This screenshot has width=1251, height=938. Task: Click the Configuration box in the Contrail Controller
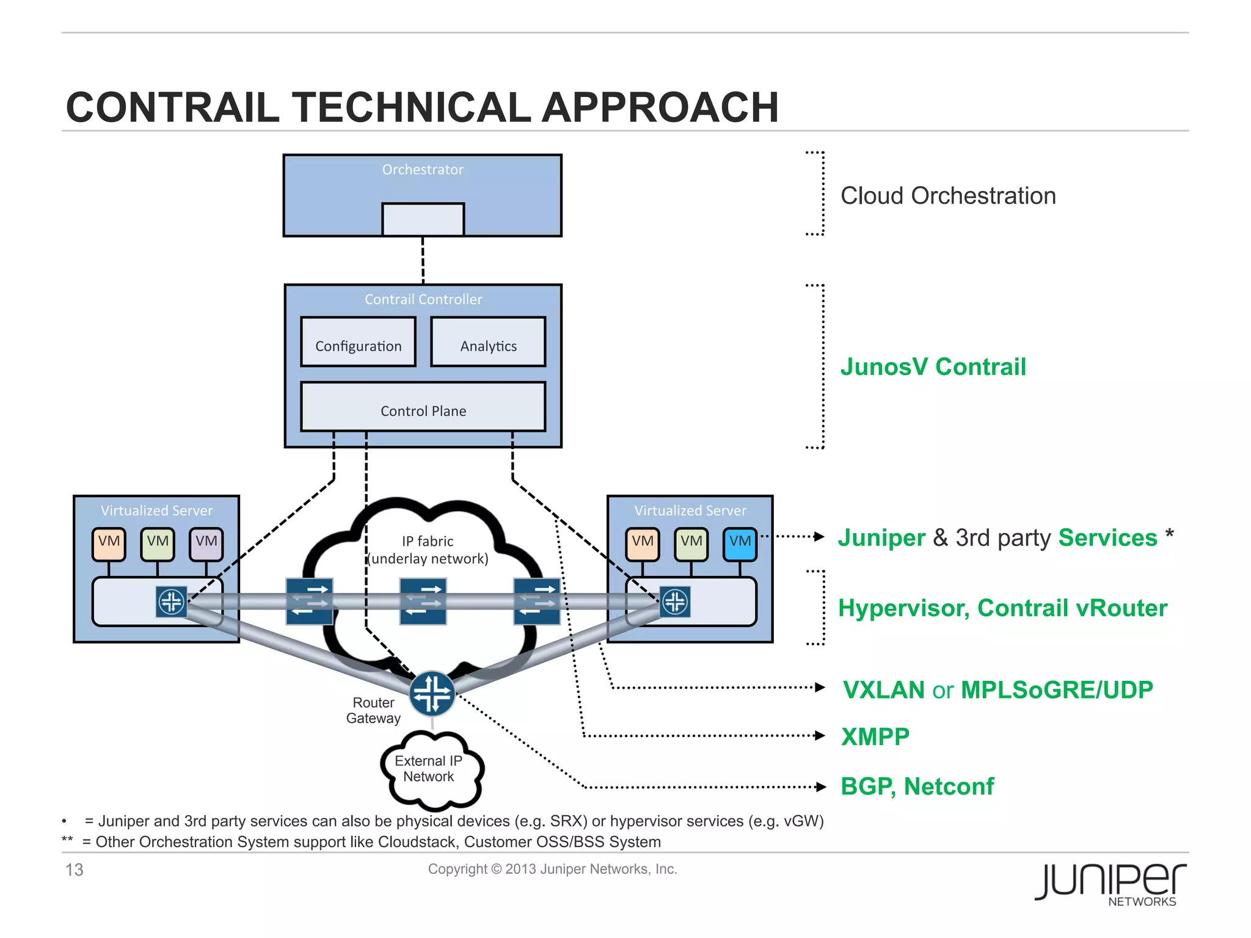(x=358, y=342)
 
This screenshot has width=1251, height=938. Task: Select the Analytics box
(x=487, y=342)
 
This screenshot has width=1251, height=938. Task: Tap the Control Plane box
(x=423, y=407)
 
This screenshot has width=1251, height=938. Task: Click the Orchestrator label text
(x=423, y=170)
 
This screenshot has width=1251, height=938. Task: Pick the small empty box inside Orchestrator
(x=423, y=219)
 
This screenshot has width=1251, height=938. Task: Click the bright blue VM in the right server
(x=740, y=544)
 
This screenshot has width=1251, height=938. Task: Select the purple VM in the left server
(x=206, y=544)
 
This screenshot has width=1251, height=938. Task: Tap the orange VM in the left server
(x=109, y=544)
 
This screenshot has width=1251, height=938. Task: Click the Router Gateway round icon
(x=432, y=694)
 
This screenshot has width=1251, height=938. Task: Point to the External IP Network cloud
(x=429, y=769)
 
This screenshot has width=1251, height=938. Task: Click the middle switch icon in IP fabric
(x=423, y=602)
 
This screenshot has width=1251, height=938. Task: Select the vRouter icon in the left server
(x=171, y=602)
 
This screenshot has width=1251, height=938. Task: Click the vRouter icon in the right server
(x=675, y=602)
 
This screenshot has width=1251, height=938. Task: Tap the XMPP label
(x=875, y=737)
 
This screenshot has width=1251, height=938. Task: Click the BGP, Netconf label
(x=917, y=787)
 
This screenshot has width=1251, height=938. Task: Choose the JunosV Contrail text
(x=933, y=367)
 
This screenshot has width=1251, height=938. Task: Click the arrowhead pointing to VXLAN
(x=820, y=688)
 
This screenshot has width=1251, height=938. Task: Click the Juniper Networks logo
(x=1110, y=883)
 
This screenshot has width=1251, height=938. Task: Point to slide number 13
(x=75, y=870)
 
